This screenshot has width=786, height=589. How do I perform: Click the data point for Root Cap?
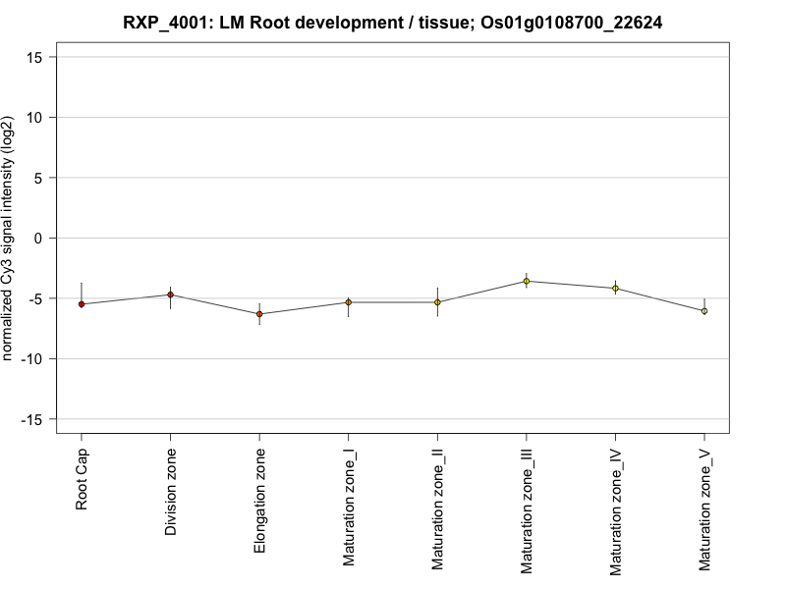82,304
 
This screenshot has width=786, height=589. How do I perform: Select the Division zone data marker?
170,294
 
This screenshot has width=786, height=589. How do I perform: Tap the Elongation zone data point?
259,314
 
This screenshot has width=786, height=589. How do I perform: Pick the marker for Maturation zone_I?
348,302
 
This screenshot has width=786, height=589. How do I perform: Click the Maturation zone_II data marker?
437,302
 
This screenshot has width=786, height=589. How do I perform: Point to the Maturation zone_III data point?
526,281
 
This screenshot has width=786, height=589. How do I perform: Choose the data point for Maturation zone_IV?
615,288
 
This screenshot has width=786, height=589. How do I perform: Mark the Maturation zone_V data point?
703,311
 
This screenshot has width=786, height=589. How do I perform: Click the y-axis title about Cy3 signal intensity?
10,239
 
